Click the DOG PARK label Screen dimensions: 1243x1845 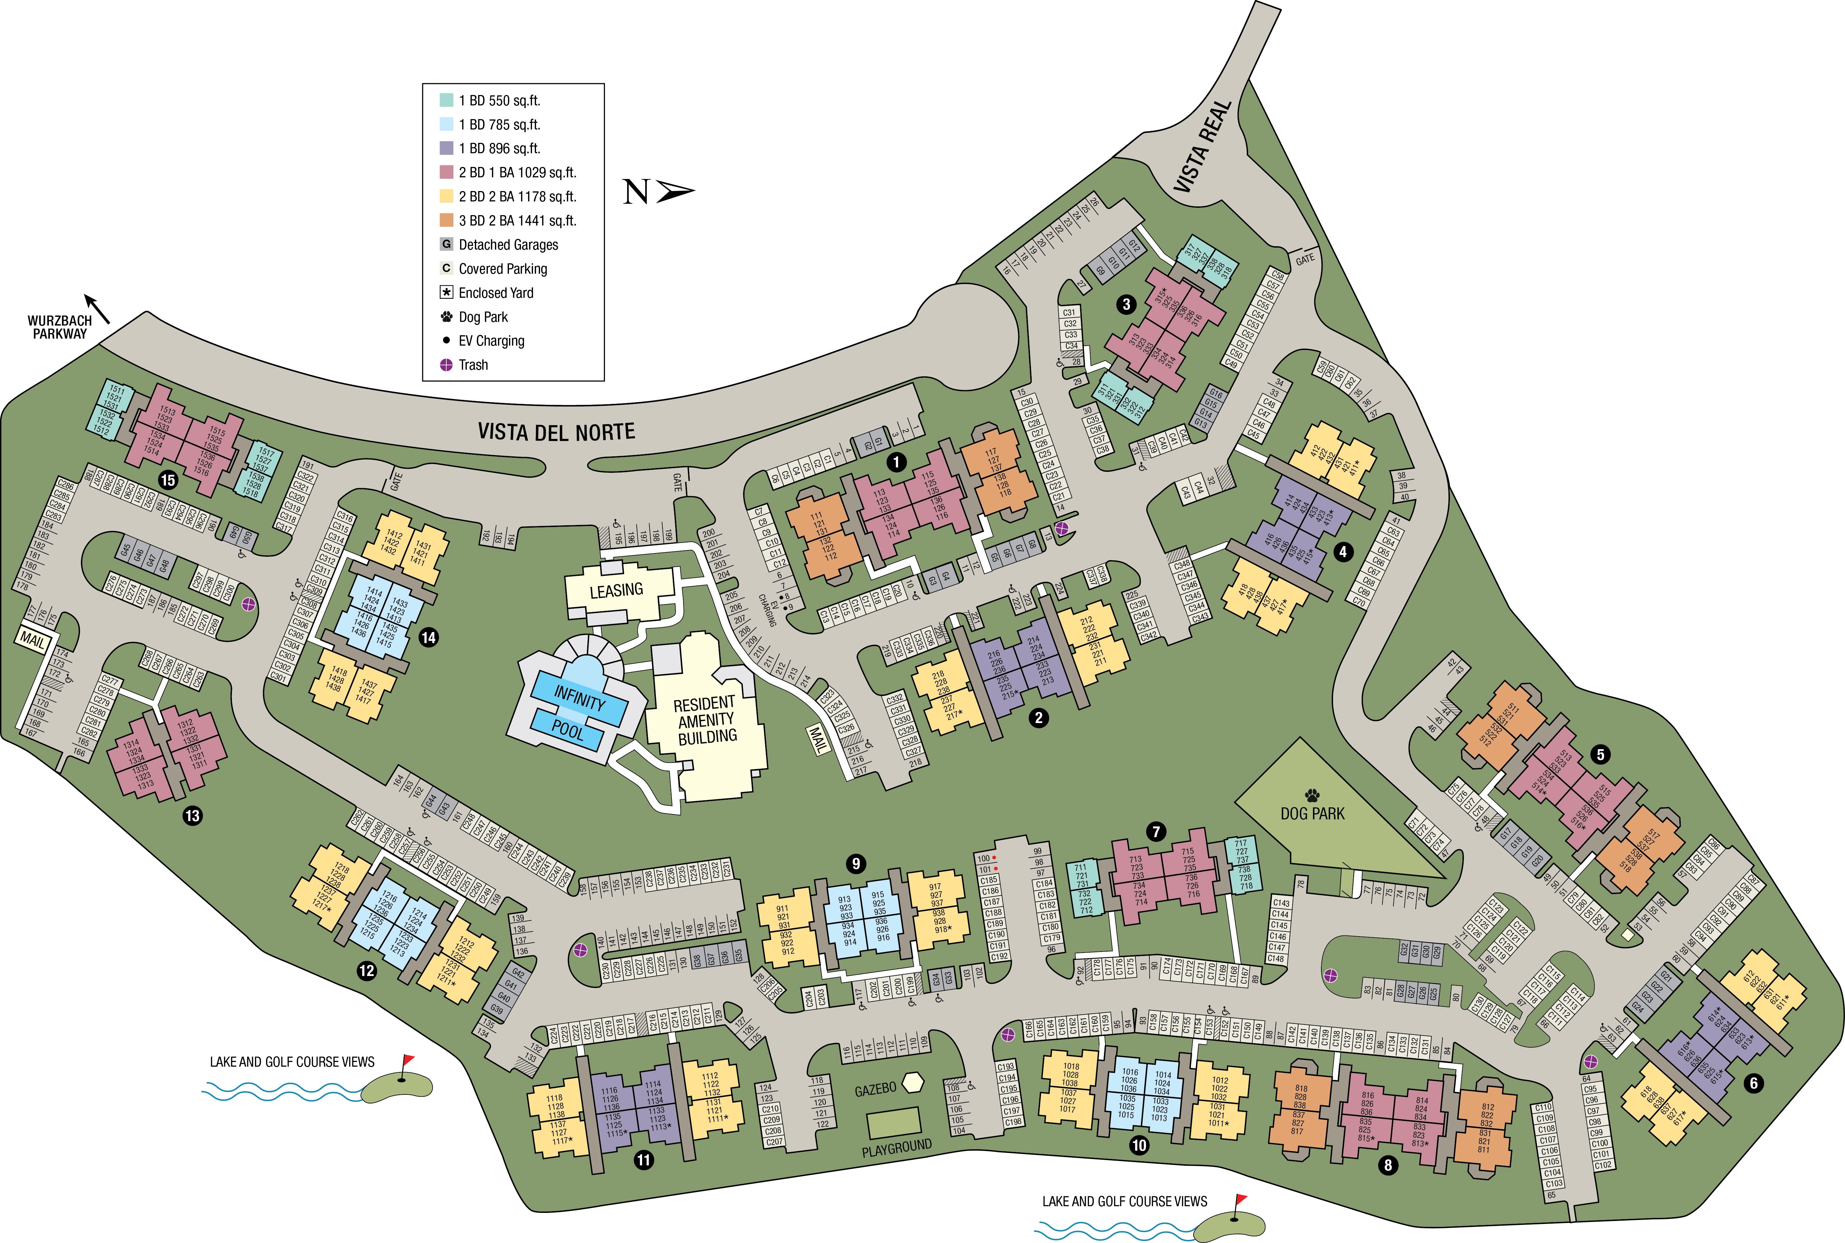point(1312,813)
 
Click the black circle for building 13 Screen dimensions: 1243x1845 point(193,815)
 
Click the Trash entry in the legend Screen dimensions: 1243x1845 point(473,365)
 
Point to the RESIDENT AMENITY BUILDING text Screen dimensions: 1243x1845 point(705,720)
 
